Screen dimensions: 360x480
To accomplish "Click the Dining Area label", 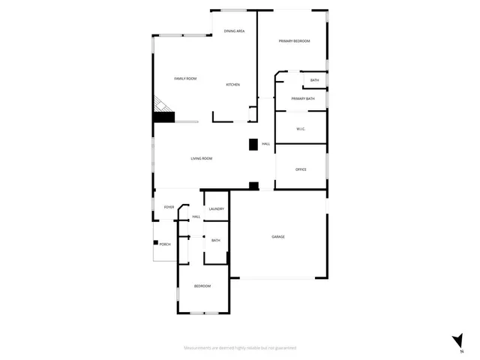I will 235,31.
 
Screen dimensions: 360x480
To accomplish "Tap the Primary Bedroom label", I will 294,41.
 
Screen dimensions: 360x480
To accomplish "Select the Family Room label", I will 185,79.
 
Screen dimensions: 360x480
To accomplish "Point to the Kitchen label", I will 233,85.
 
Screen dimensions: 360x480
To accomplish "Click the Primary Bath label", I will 303,99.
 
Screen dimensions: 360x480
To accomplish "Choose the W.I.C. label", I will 301,129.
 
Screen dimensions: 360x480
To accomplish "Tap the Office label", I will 301,169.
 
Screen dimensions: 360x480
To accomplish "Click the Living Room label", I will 201,158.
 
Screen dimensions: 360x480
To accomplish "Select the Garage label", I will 278,237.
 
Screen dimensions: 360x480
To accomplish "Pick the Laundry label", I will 217,209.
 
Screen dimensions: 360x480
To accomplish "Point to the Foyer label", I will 169,207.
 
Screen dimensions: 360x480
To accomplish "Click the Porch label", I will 165,244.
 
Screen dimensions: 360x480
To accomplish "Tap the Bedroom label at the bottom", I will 202,286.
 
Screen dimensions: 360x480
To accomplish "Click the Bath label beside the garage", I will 216,241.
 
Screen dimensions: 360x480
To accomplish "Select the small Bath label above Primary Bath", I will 314,80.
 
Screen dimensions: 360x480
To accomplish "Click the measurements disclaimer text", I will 240,348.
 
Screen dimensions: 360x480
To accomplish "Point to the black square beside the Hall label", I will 253,143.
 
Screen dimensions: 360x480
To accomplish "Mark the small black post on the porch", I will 155,242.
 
